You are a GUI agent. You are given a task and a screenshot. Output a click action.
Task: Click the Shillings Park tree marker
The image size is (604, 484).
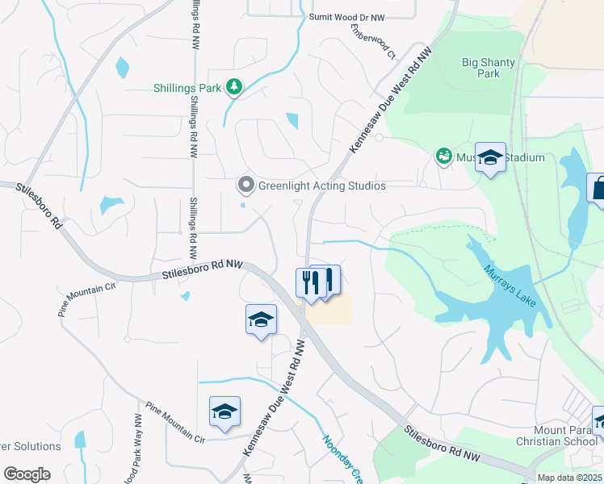(x=234, y=87)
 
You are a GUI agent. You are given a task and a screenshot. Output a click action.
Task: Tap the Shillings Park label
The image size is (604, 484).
(x=187, y=88)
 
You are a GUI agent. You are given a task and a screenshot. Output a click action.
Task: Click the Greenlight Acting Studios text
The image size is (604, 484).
(x=321, y=186)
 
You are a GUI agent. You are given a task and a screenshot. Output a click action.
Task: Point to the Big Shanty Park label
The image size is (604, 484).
(x=489, y=68)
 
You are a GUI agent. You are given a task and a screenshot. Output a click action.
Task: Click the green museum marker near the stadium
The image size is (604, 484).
(x=443, y=156)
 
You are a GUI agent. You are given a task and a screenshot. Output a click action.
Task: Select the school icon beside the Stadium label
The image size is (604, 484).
(x=490, y=157)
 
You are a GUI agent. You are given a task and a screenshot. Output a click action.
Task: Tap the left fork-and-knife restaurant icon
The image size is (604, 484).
(x=308, y=283)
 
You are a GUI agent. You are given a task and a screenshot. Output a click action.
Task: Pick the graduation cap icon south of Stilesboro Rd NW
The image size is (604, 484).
(x=261, y=320)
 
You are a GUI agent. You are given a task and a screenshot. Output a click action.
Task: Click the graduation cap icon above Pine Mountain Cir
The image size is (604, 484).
(x=224, y=412)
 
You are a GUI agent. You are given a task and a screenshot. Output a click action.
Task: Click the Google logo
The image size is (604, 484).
(x=27, y=474)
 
